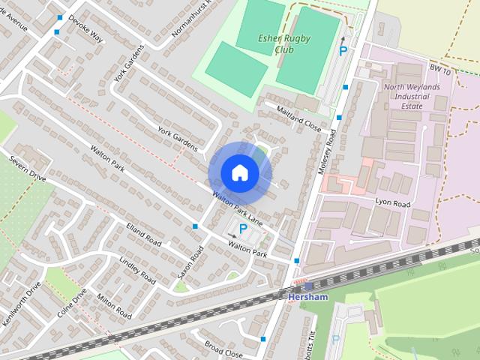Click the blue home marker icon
click(x=239, y=172)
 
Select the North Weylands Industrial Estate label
click(x=412, y=96)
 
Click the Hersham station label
click(x=307, y=298)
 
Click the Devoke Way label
click(x=85, y=27)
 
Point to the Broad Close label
click(x=223, y=348)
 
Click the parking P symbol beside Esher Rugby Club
click(x=343, y=51)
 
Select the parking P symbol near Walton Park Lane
click(x=242, y=228)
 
